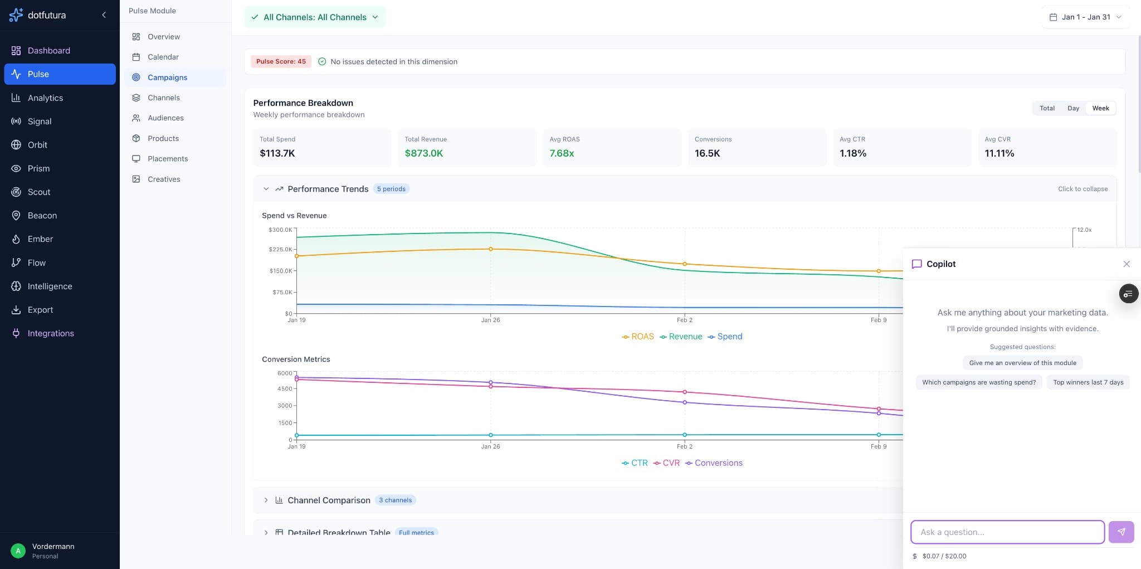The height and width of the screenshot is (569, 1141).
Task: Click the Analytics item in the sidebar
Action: pyautogui.click(x=45, y=98)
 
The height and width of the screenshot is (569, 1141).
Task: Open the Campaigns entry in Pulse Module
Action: pyautogui.click(x=167, y=77)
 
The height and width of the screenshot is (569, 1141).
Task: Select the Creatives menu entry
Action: pyautogui.click(x=164, y=179)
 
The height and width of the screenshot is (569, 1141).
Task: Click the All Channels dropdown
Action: pyautogui.click(x=315, y=17)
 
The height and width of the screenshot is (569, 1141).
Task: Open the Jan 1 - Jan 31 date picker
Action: pyautogui.click(x=1085, y=17)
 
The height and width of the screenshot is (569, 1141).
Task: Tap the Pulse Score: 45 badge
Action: pyautogui.click(x=281, y=61)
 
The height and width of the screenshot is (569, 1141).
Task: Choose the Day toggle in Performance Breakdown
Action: pyautogui.click(x=1073, y=108)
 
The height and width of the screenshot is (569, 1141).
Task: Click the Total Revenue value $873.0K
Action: pyautogui.click(x=423, y=153)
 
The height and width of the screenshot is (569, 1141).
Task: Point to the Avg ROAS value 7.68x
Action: pyautogui.click(x=562, y=153)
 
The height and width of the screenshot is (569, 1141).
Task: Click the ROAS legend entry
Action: pyautogui.click(x=638, y=337)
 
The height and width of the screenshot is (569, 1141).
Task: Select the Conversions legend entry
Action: pyautogui.click(x=714, y=463)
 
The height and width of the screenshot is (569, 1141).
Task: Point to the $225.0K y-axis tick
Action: pyautogui.click(x=280, y=249)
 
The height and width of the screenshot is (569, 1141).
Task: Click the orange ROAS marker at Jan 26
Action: pyautogui.click(x=490, y=249)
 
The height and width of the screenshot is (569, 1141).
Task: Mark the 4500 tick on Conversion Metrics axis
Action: pyautogui.click(x=285, y=388)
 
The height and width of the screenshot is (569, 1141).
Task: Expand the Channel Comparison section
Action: pyautogui.click(x=329, y=500)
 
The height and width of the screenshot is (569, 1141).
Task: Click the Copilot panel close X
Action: pyautogui.click(x=1127, y=264)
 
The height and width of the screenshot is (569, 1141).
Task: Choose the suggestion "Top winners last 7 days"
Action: pyautogui.click(x=1088, y=382)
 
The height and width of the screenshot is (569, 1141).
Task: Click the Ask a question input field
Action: pyautogui.click(x=1007, y=532)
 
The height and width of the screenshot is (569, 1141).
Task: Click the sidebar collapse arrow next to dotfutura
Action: pyautogui.click(x=104, y=15)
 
